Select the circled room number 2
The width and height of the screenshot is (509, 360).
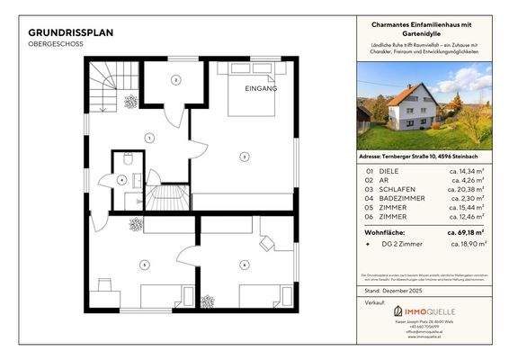pyautogui.click(x=176, y=80)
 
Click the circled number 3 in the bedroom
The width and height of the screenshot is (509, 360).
pyautogui.click(x=243, y=156)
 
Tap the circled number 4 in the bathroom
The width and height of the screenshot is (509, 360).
pyautogui.click(x=121, y=179)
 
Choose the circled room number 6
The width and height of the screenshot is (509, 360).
pyautogui.click(x=244, y=264)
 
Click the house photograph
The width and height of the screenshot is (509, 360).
pyautogui.click(x=424, y=106)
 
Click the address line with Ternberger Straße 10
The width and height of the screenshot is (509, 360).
pyautogui.click(x=423, y=156)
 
